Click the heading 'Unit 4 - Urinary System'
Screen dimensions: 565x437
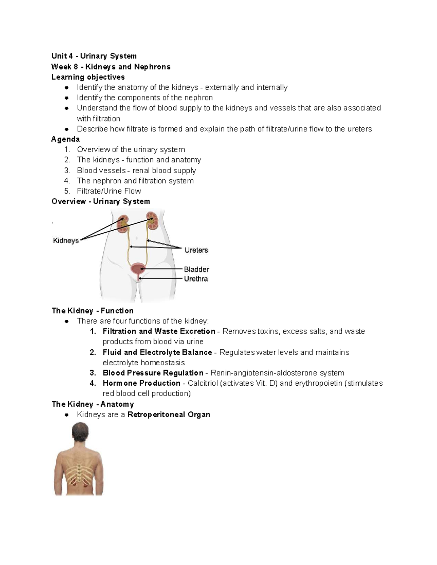point(94,56)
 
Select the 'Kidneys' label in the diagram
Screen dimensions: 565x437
point(66,240)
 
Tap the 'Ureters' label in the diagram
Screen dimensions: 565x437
point(196,250)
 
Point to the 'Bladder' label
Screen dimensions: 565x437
point(196,269)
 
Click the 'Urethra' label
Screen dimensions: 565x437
point(196,279)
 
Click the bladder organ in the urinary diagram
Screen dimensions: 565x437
point(138,269)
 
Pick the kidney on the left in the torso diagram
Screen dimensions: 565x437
point(123,224)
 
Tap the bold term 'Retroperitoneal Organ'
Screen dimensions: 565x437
point(169,415)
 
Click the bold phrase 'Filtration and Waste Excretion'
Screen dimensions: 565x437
point(159,331)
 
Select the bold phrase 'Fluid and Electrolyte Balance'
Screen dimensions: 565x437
point(157,353)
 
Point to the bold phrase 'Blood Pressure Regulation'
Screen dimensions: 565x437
point(153,373)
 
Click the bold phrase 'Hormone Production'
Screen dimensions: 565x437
point(141,383)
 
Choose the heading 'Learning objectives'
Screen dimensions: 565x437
point(88,77)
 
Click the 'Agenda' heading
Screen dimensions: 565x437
point(66,139)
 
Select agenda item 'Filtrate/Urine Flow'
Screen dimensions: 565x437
point(109,191)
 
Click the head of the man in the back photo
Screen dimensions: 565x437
point(80,432)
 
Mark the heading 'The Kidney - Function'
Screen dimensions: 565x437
point(92,311)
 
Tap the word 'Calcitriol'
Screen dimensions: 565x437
point(202,383)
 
